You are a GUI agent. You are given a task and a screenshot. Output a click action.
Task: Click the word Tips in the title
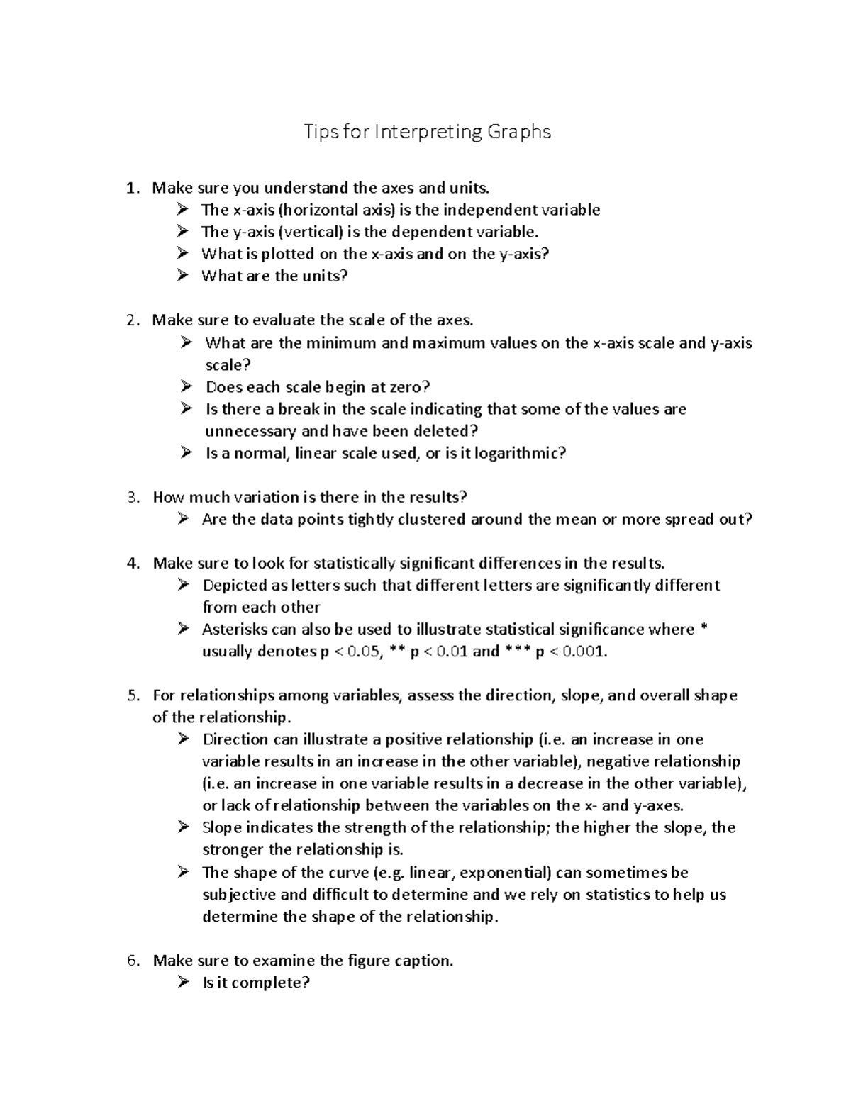tap(321, 133)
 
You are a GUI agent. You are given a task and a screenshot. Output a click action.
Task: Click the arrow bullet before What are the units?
tap(184, 276)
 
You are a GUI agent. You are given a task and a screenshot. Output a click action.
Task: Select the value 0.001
tap(584, 652)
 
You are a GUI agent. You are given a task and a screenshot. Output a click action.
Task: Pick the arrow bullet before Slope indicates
tap(184, 827)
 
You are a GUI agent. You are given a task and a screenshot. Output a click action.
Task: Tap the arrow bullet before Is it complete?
tap(184, 983)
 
